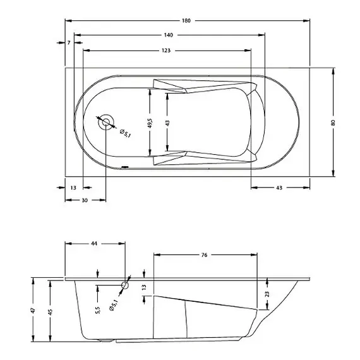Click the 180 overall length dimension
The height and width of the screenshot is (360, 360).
pos(186,21)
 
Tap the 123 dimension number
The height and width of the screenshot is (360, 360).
pos(165,49)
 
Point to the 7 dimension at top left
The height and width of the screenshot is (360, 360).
pos(68,43)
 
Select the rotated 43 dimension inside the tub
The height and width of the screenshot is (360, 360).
pos(167,123)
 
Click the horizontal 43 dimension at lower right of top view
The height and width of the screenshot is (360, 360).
pos(279,188)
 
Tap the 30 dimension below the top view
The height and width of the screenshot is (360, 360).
pos(84,200)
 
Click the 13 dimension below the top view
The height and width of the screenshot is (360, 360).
pos(74,188)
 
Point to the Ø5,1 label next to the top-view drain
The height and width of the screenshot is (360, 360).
pos(124,133)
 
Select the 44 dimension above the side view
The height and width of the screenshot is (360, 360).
pos(95,243)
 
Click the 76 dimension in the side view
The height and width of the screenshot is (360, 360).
pos(205,255)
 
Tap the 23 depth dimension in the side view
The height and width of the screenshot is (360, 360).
pos(267,294)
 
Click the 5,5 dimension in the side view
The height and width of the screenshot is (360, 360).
pos(97,310)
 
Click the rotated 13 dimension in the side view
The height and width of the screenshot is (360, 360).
pos(144,287)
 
